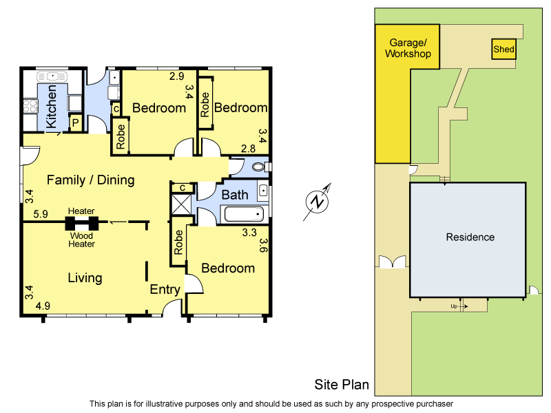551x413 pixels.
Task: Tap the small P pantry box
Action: click(x=76, y=123)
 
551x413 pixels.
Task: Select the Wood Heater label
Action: click(x=81, y=240)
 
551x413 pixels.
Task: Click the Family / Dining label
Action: click(x=90, y=180)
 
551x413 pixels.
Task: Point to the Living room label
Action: click(x=85, y=278)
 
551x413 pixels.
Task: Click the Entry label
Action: click(x=165, y=290)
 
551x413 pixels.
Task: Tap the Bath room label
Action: click(x=234, y=195)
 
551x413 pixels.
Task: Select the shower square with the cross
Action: click(x=182, y=204)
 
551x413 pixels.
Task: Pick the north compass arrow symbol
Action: click(x=318, y=202)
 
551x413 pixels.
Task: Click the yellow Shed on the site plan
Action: click(x=503, y=50)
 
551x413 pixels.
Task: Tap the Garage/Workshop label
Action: click(x=408, y=48)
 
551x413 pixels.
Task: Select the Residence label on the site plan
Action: click(x=470, y=237)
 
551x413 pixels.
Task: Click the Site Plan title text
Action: click(x=342, y=385)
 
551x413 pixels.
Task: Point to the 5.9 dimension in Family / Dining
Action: click(x=41, y=215)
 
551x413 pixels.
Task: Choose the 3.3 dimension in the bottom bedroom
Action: click(x=249, y=233)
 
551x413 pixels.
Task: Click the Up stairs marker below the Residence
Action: click(x=454, y=306)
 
